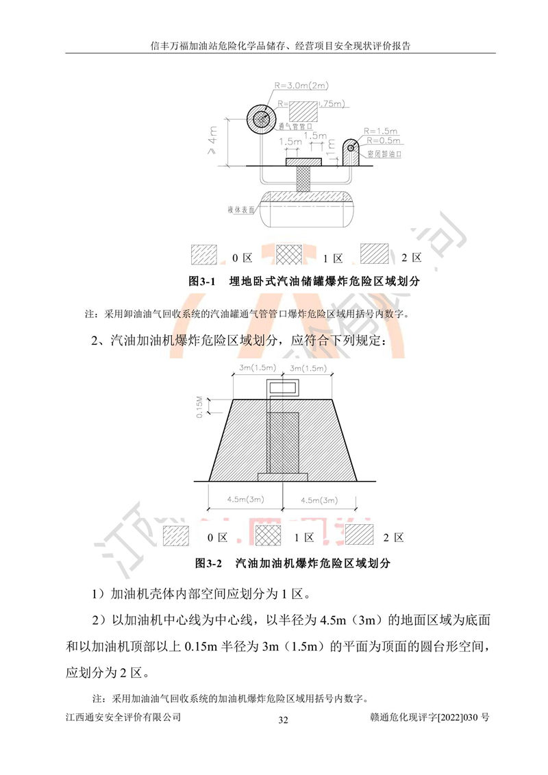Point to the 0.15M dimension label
tap(199, 407)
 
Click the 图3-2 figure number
tap(210, 564)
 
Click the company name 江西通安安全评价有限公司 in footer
tap(123, 717)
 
